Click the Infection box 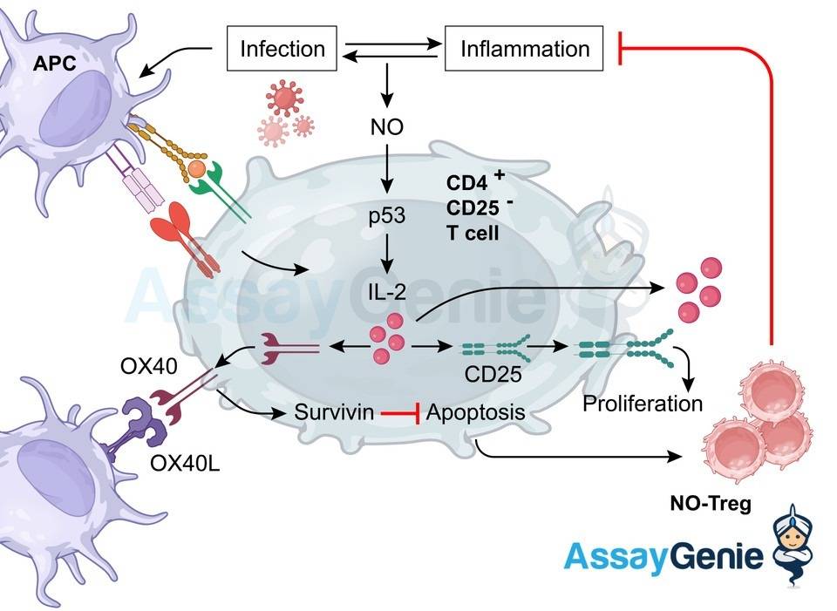[282, 48]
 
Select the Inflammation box [524, 48]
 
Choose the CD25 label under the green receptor [493, 377]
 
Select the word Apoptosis [475, 411]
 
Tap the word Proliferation [642, 404]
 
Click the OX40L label [184, 461]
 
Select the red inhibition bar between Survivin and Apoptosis [400, 411]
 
